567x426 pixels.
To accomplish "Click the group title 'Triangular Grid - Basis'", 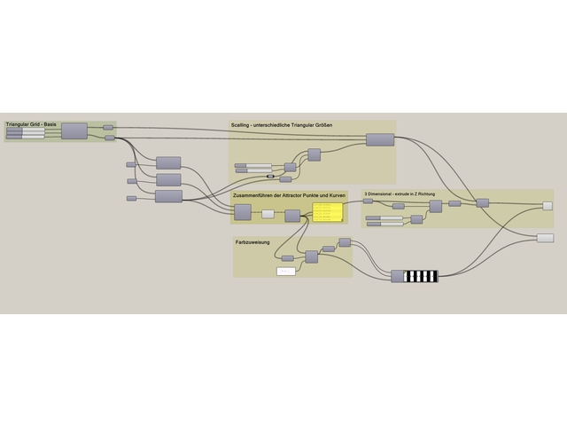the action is pos(31,124).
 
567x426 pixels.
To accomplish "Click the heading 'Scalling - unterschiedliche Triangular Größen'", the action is pos(282,125).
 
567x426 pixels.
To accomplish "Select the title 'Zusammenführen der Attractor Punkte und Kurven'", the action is pos(289,195).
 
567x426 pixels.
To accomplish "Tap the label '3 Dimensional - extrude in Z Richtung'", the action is pos(399,193).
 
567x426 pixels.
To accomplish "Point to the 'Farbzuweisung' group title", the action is pos(253,241).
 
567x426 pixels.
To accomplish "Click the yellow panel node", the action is pos(327,211).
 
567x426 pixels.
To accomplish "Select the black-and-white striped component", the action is pos(421,276).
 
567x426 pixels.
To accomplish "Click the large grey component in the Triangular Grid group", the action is pos(74,131).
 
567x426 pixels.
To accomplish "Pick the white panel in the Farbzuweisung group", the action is pos(286,271).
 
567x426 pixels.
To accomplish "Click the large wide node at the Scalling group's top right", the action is pos(380,140).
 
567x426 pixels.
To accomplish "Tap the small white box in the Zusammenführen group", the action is pos(268,214).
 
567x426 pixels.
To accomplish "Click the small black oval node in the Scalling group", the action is pos(270,176).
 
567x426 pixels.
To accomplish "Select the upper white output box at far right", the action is pos(548,206).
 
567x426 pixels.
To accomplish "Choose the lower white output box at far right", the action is pos(545,238).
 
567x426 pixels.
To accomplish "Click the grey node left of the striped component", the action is pos(397,276).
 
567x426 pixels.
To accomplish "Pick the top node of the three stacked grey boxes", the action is pos(167,162).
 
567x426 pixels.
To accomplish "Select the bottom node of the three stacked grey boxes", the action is pos(168,196).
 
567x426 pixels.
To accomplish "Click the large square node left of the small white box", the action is pos(242,212).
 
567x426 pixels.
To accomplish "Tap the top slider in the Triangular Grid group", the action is pos(26,130).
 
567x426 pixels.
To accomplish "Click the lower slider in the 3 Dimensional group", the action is pos(384,224).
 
